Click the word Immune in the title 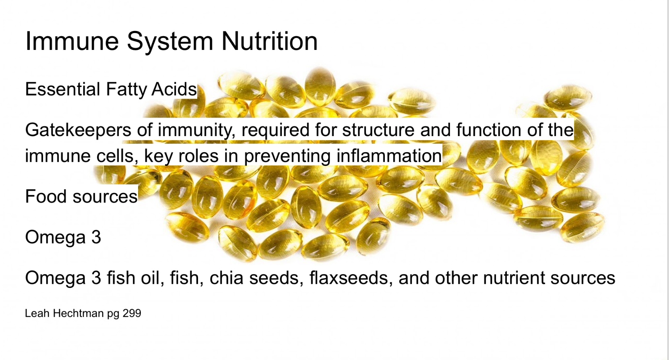coord(72,41)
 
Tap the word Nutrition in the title coord(269,41)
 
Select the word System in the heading coord(170,42)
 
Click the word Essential coord(62,89)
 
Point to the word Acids coord(174,89)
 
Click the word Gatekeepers coord(78,130)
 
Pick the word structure coord(378,130)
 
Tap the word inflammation coord(389,155)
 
